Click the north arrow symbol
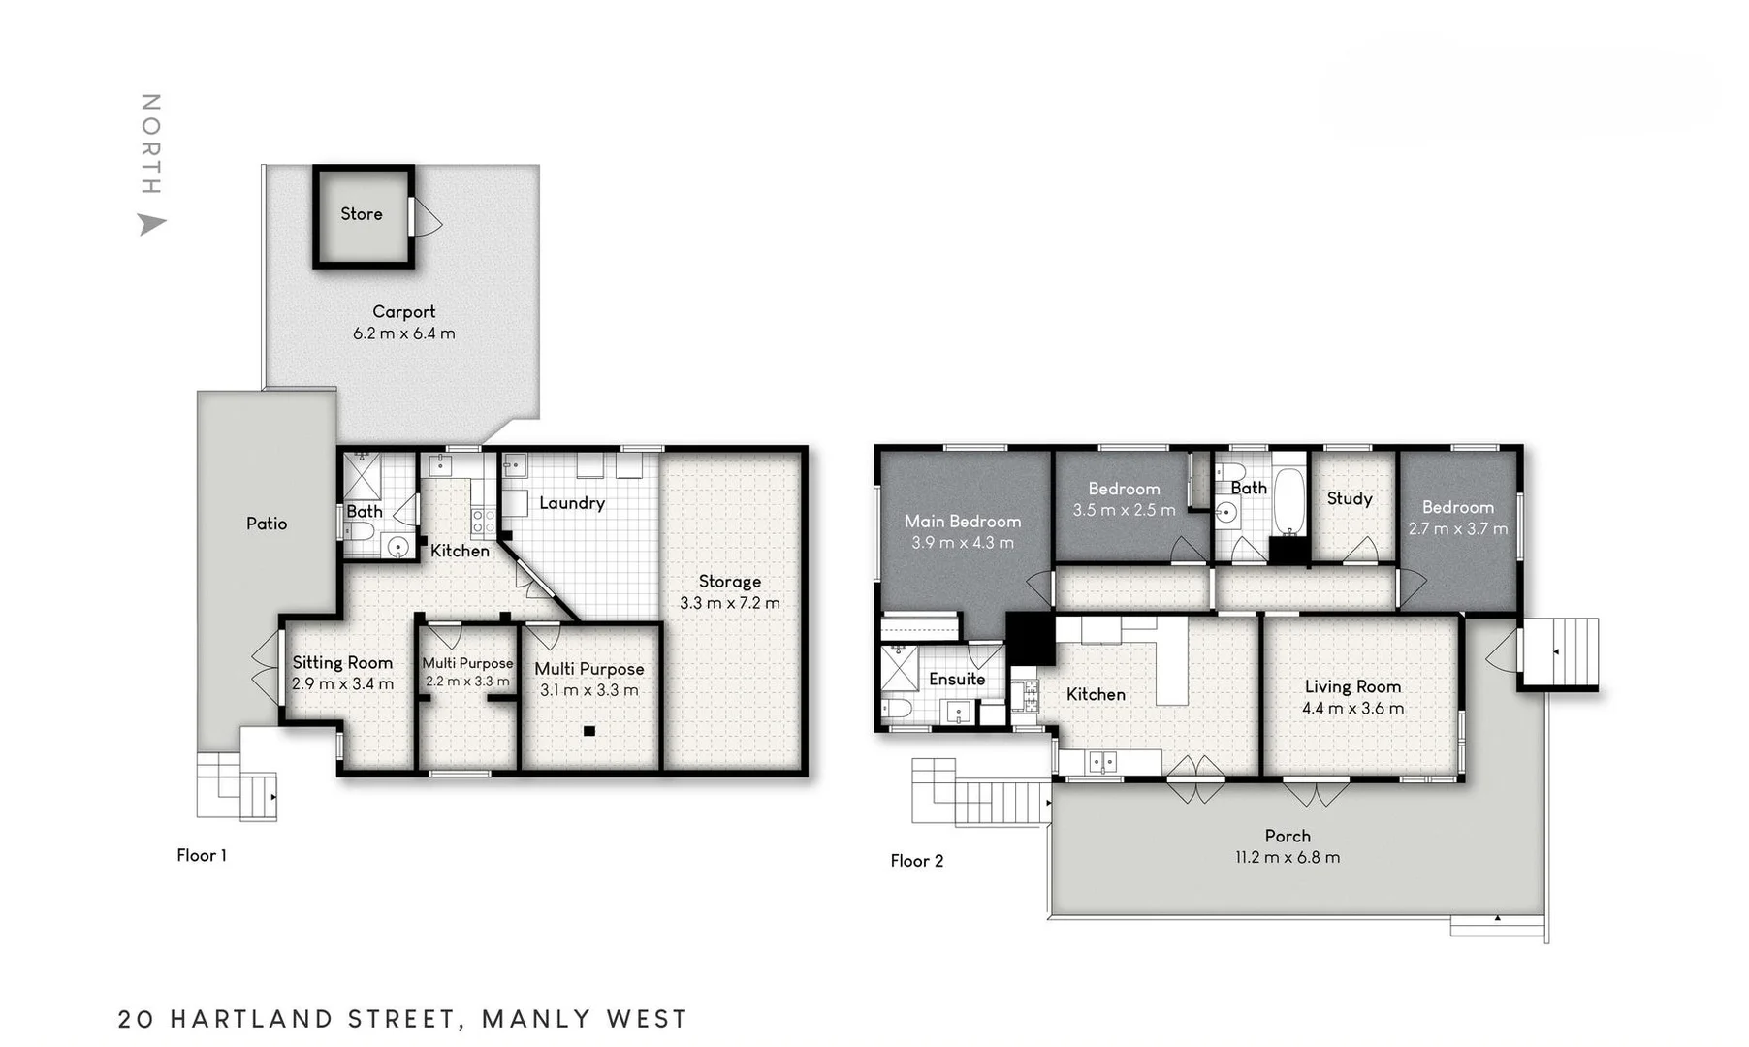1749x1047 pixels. [151, 224]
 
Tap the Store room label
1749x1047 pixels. [362, 214]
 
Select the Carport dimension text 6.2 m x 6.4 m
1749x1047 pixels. [403, 333]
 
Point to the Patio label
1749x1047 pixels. [267, 523]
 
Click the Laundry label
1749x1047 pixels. [572, 503]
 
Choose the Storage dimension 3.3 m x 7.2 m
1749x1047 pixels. [730, 603]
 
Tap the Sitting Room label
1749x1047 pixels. [342, 663]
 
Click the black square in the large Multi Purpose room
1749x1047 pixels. [589, 731]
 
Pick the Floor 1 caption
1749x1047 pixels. [202, 855]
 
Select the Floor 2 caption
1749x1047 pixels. [917, 861]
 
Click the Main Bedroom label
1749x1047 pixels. [963, 522]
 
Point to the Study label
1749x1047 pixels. [1350, 498]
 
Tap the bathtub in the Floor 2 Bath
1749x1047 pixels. [1288, 501]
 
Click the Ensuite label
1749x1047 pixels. [957, 680]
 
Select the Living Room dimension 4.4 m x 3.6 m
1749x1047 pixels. [1352, 709]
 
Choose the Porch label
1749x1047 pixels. [1288, 836]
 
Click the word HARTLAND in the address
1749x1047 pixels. [251, 1019]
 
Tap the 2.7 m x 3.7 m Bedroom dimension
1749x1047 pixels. [1458, 529]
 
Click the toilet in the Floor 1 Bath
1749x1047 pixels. [360, 530]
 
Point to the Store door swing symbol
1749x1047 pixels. [427, 217]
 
